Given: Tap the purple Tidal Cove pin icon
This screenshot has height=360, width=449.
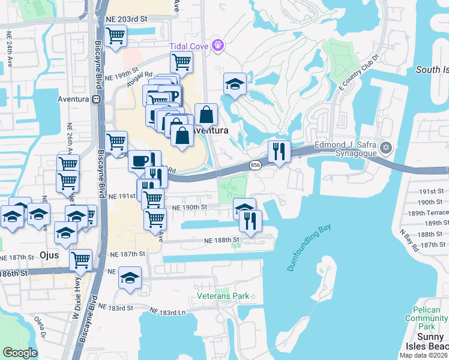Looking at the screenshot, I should point(218,44).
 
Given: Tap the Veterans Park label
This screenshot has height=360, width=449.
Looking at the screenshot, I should point(223,296).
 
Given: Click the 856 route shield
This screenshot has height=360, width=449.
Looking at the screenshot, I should point(255,165).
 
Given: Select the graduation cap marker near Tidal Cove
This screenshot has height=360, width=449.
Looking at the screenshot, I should point(235,85).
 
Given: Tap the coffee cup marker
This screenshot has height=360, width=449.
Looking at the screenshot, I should point(139,161).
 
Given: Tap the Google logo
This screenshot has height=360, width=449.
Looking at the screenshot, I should point(20,353).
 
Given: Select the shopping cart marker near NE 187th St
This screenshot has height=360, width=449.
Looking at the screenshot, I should point(80,260).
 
